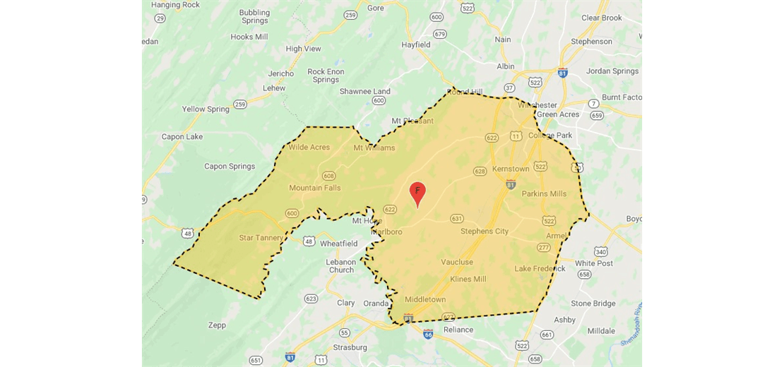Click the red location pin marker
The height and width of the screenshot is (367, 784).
[417, 192]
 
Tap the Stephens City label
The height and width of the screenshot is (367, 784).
[485, 231]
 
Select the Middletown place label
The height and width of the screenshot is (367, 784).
[425, 299]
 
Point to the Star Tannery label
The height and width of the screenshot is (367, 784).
[261, 238]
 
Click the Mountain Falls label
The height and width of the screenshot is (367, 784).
[314, 188]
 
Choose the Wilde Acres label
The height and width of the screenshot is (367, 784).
[309, 148]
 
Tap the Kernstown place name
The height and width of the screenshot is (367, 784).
[511, 169]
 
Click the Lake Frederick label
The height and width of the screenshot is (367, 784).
[540, 268]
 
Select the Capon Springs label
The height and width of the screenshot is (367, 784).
[230, 167]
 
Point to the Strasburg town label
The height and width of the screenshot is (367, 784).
[350, 347]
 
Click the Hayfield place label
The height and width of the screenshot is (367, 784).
[416, 44]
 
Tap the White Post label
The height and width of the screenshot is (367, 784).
[594, 263]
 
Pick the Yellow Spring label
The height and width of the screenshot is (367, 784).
[206, 109]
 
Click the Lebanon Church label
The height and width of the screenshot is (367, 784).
[341, 265]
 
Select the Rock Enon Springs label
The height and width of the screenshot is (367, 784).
[326, 76]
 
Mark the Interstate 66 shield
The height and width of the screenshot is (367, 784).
[428, 334]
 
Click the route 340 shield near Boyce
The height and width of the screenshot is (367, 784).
[601, 251]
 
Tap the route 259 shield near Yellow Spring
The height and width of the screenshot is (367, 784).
[240, 104]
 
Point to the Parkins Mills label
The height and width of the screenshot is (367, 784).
[544, 193]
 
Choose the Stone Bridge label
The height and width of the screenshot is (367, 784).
[593, 303]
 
